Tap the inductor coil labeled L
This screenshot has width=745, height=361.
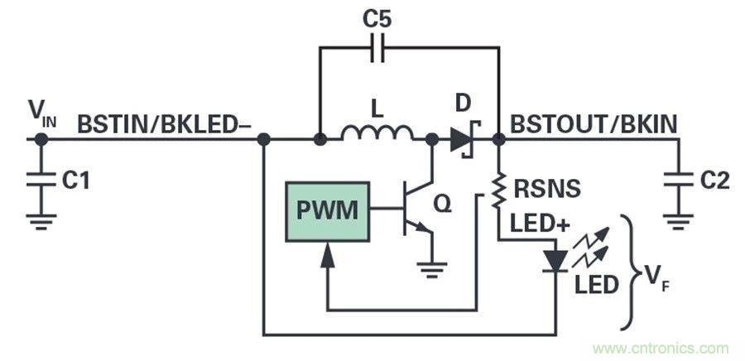(378, 132)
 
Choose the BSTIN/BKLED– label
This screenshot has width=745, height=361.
(164, 124)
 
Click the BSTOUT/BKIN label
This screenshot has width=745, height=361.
(594, 124)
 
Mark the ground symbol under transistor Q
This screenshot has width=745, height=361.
(430, 267)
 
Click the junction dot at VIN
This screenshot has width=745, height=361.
(38, 140)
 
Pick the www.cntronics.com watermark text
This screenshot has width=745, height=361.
(661, 348)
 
